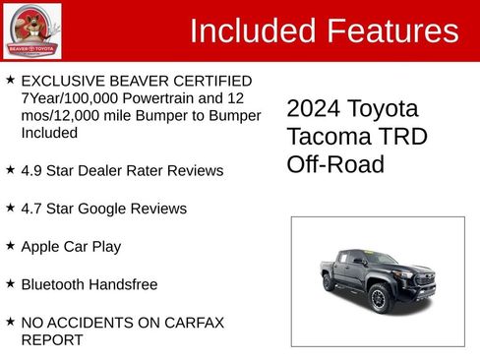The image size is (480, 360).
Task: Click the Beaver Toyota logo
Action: tap(31, 30)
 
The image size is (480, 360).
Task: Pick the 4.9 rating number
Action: tap(32, 170)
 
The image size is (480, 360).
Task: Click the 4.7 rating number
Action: tap(32, 209)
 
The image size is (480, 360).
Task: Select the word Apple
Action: tap(41, 246)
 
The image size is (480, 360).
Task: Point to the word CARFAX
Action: tap(198, 322)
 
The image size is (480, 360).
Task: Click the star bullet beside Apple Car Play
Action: tap(10, 246)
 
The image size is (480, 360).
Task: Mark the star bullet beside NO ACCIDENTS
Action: tap(10, 322)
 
